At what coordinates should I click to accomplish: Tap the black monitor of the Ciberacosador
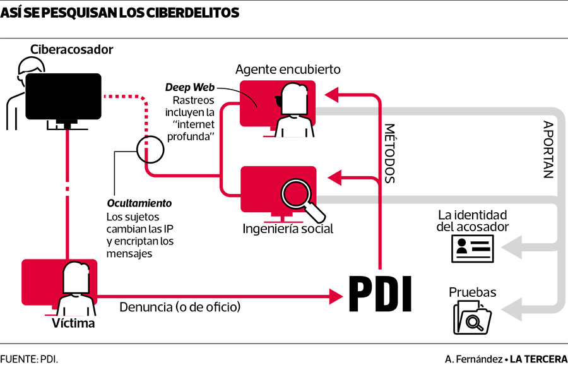[x=63, y=97]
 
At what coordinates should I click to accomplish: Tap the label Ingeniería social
[x=288, y=229]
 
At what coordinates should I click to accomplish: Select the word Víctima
[x=73, y=323]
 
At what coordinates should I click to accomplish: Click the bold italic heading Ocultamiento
[x=139, y=203]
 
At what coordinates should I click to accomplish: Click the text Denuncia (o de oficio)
[x=180, y=308]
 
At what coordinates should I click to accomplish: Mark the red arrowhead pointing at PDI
[x=336, y=295]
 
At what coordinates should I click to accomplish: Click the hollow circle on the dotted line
[x=150, y=149]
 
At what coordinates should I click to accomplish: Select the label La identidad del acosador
[x=473, y=220]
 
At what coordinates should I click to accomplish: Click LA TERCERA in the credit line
[x=538, y=359]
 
